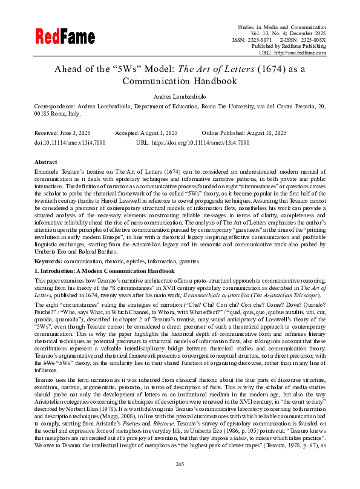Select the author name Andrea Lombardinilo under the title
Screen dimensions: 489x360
tap(180, 96)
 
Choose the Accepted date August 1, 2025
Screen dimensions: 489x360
tap(159, 133)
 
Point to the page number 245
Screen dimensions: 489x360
tap(180, 464)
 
